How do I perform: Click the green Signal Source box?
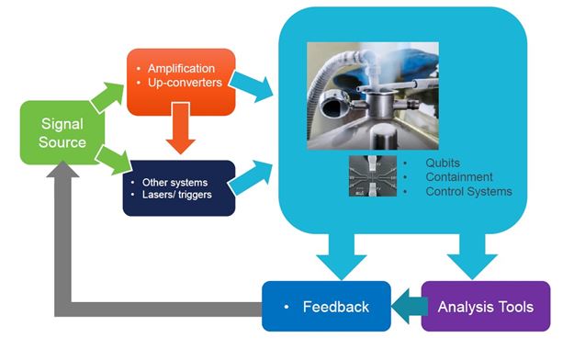pos(62,133)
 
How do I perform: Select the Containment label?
pos(459,177)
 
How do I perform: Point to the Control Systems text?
pos(468,192)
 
